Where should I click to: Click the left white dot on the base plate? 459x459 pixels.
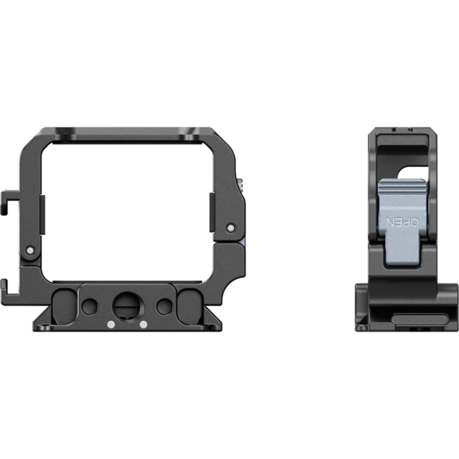click(x=111, y=325)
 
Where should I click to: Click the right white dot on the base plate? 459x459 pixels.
click(x=143, y=325)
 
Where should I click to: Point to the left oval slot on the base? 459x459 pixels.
click(x=65, y=307)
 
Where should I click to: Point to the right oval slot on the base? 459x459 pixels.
click(x=190, y=307)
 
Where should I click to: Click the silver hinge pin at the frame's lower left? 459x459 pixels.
click(x=30, y=251)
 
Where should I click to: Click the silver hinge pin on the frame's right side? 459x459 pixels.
click(x=231, y=228)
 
